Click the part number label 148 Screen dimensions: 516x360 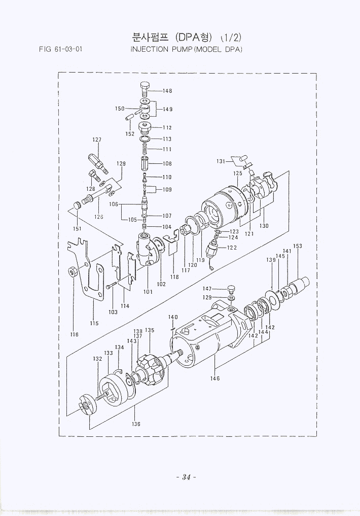(167, 91)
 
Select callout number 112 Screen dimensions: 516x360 (167, 128)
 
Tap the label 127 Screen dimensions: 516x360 (97, 140)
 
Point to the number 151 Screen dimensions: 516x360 (77, 228)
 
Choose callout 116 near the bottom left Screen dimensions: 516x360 (74, 334)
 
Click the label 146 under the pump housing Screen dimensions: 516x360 (215, 378)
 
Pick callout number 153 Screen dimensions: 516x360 (298, 246)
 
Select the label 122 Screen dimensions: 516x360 (232, 248)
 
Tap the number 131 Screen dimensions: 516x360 (221, 161)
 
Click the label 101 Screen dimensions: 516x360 (148, 292)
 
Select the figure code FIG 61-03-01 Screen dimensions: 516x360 (60, 50)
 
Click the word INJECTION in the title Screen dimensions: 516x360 (151, 49)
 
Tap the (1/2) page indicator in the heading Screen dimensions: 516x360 (233, 38)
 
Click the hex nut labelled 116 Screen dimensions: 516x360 (73, 271)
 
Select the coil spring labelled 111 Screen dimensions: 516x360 (145, 149)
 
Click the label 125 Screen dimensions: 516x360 (238, 174)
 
